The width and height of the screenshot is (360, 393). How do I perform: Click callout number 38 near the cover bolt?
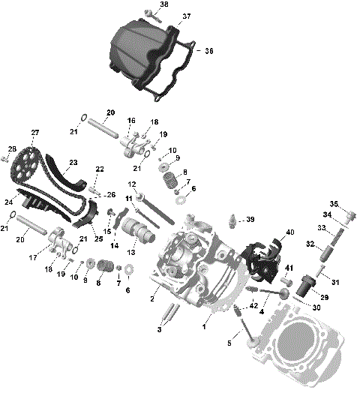[x=164, y=4]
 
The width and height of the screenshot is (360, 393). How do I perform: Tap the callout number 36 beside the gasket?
[x=209, y=51]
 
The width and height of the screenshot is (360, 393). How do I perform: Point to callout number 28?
[x=12, y=148]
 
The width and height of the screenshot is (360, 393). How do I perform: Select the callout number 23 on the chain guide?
[x=73, y=162]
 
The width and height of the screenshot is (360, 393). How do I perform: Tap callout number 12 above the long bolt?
[x=131, y=184]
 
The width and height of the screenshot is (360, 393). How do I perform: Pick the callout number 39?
[x=250, y=219]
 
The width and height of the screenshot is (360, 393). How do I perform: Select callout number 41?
[x=288, y=268]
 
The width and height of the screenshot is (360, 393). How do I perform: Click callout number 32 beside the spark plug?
[x=310, y=244]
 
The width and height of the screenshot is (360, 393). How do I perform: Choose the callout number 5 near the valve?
[x=229, y=343]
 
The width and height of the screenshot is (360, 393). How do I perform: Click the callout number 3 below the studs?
[x=159, y=329]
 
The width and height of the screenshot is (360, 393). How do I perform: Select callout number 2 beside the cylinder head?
[x=153, y=299]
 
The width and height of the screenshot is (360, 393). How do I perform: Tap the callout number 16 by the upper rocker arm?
[x=131, y=121]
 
